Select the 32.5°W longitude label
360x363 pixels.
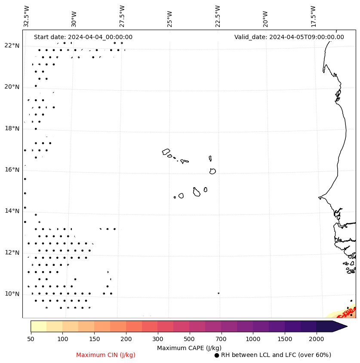pos(27,16)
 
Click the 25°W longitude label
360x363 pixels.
pos(170,18)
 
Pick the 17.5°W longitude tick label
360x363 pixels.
pos(313,16)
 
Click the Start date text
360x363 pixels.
pos(83,37)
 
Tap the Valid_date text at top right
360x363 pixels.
pos(289,37)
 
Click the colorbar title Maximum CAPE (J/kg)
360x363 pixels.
pos(189,348)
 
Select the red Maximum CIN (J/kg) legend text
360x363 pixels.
pos(106,355)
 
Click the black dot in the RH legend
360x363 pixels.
pos(217,355)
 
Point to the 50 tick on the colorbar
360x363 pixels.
pos(31,339)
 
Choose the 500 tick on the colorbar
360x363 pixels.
pos(189,339)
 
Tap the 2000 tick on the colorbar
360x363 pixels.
pos(317,339)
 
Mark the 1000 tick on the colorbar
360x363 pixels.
pos(253,339)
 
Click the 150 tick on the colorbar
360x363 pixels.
pos(94,339)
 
